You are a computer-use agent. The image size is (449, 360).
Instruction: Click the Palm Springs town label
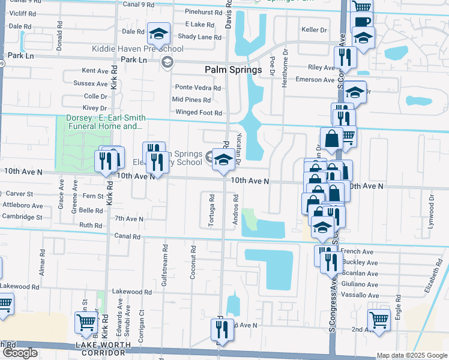(x=234, y=70)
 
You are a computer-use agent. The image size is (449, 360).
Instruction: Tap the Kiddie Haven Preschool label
(x=137, y=49)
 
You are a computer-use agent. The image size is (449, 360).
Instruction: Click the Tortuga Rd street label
(x=211, y=210)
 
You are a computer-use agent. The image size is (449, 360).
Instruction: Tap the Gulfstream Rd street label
(x=164, y=260)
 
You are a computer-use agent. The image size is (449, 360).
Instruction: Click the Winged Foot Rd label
(x=198, y=112)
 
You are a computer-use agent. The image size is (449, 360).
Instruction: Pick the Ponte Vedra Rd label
(x=197, y=88)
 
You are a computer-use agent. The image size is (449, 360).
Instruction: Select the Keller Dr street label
(x=315, y=29)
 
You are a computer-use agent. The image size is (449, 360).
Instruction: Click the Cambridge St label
(x=22, y=217)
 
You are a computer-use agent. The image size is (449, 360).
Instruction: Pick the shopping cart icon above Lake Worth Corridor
(x=86, y=322)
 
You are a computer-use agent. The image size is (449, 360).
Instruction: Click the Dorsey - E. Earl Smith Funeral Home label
(x=98, y=122)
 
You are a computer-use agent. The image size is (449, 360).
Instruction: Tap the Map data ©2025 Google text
(x=412, y=355)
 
